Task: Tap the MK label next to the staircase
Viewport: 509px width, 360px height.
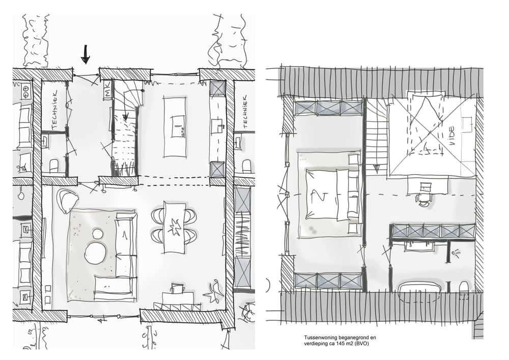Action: pos(107,92)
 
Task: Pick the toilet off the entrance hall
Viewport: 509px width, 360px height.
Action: pos(54,165)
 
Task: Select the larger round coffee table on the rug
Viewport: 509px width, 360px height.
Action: pos(95,253)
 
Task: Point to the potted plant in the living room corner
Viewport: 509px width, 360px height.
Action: pos(213,293)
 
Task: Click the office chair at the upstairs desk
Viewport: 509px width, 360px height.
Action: pos(424,199)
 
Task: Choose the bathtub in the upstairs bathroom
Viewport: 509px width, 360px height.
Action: pos(419,288)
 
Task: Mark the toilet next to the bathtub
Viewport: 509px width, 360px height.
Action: pos(464,288)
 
